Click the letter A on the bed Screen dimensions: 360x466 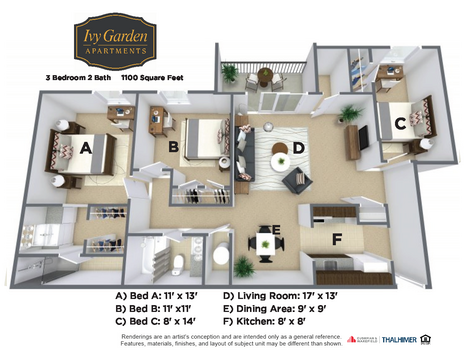85,147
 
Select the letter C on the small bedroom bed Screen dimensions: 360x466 398,123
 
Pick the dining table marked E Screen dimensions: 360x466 264,241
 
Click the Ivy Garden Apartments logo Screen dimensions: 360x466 112,41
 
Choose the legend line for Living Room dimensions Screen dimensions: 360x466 279,296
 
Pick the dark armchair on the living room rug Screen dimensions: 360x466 297,180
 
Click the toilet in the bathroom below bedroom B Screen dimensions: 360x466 178,263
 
